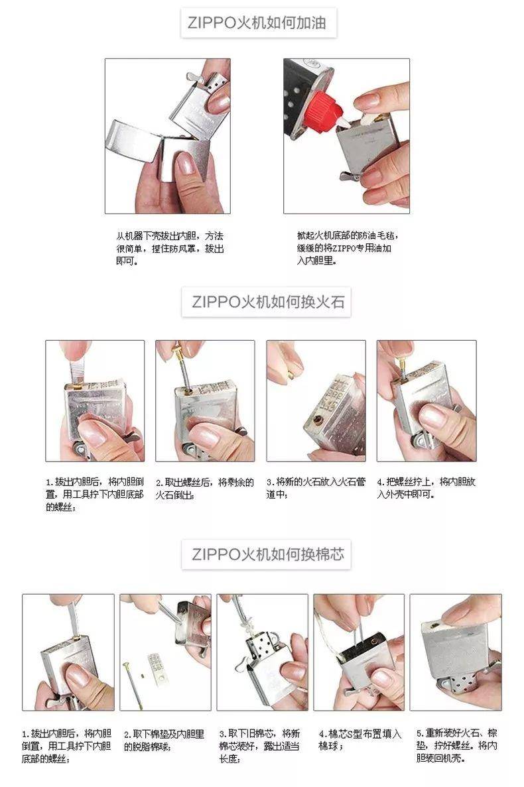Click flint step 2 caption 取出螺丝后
[x=204, y=488]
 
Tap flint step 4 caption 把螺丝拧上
[x=426, y=488]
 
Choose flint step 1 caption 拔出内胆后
[x=94, y=494]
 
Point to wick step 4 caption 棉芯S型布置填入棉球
[x=360, y=740]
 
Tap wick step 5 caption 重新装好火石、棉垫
[x=456, y=746]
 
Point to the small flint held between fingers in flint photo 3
[x=291, y=375]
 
